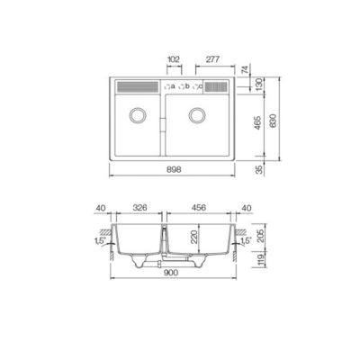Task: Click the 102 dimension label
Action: click(174, 59)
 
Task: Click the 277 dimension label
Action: click(213, 59)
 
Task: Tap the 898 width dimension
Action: click(174, 170)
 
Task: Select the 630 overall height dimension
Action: click(274, 121)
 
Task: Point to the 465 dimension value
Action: click(257, 122)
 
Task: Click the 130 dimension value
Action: click(259, 85)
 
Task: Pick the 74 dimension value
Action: click(245, 70)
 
